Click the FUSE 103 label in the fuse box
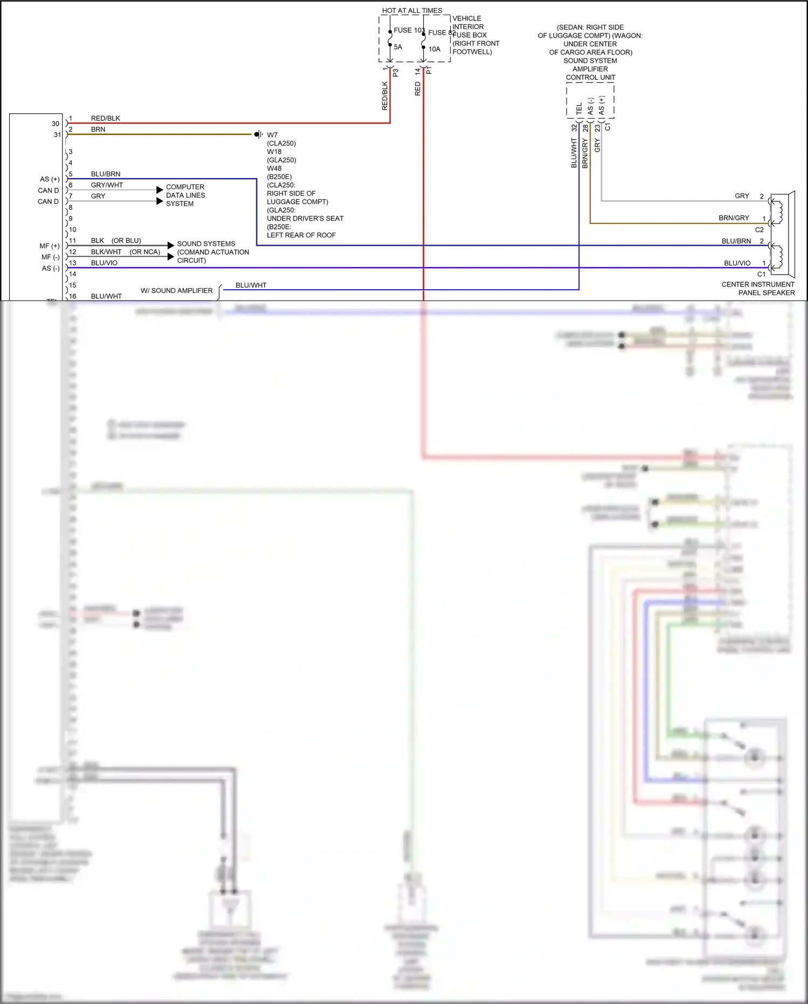click(x=409, y=30)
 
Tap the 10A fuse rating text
click(x=434, y=49)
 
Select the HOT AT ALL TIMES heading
click(x=412, y=10)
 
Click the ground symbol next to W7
click(x=259, y=134)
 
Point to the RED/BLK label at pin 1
click(x=105, y=118)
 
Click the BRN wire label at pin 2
click(x=98, y=129)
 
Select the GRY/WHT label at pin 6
click(x=107, y=185)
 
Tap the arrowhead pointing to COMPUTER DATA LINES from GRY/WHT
click(x=160, y=190)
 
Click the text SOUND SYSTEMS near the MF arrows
click(x=206, y=244)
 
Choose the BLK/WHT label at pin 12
click(x=106, y=252)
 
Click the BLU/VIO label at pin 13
click(x=104, y=263)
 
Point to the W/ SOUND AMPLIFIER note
click(x=176, y=291)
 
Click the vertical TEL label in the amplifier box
click(x=579, y=108)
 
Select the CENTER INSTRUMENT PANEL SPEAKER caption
click(x=758, y=289)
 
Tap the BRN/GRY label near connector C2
click(x=734, y=218)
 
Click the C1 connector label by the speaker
click(x=761, y=274)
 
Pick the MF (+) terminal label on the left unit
click(x=50, y=246)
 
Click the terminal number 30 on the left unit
click(x=56, y=124)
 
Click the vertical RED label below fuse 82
click(x=418, y=89)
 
